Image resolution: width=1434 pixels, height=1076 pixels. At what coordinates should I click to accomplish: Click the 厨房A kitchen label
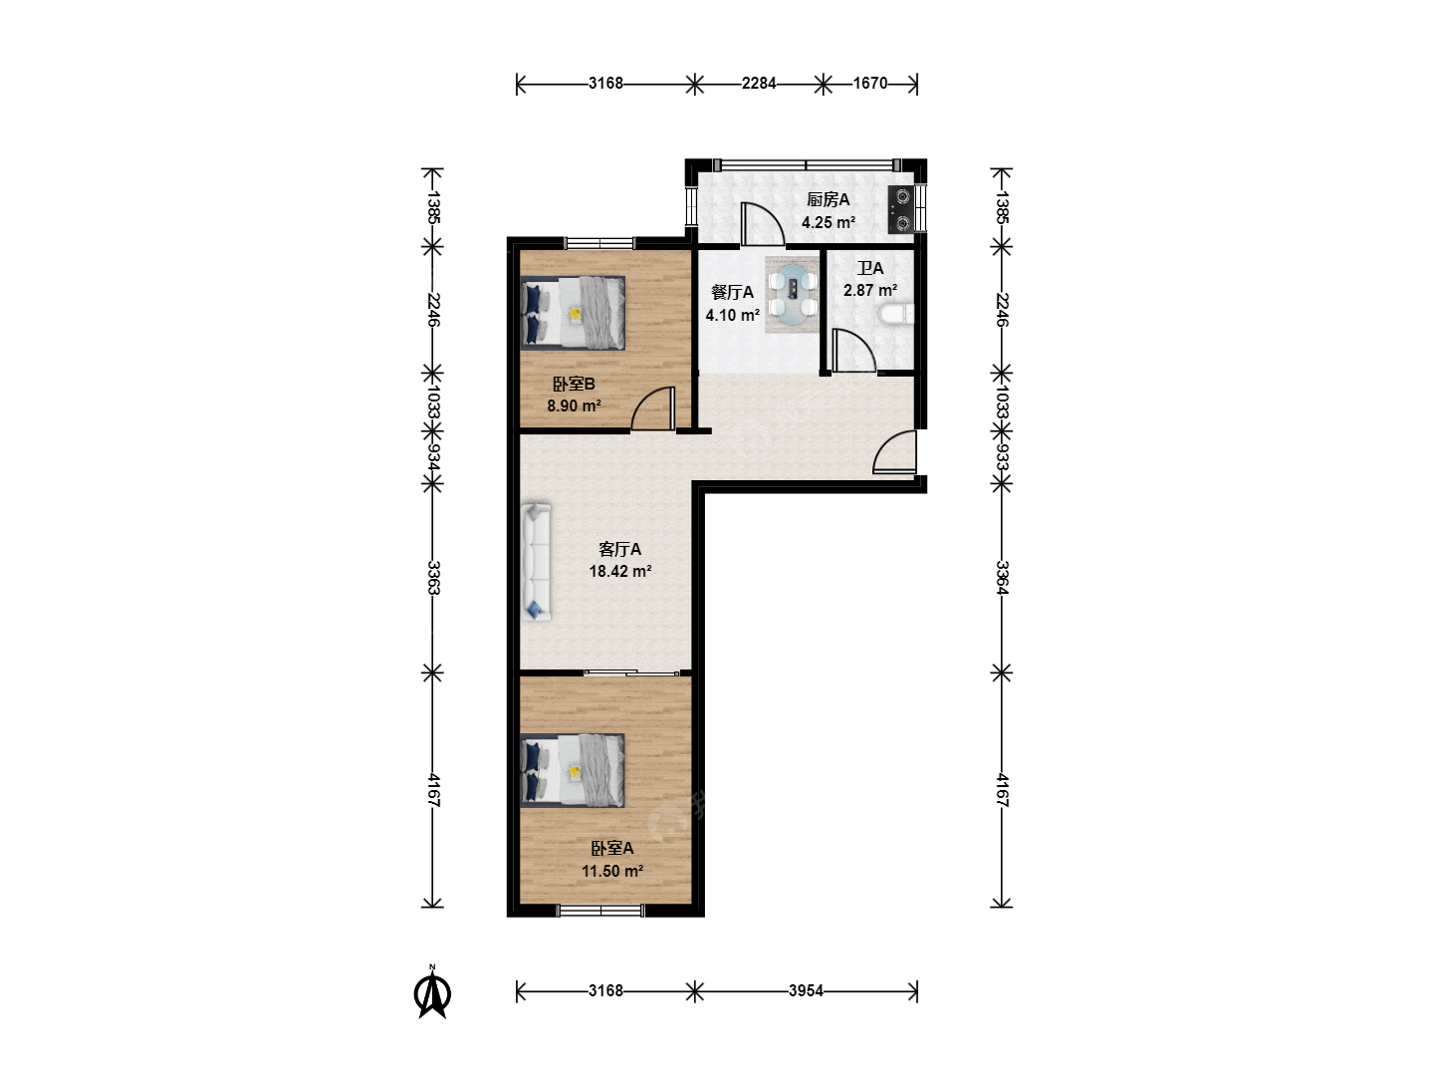coord(828,199)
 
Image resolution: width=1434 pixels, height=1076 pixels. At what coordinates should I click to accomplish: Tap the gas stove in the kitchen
coord(901,209)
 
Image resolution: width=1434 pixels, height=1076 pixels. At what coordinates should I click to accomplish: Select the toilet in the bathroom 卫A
coord(895,314)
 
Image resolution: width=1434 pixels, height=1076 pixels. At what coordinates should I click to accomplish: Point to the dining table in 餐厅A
coord(793,294)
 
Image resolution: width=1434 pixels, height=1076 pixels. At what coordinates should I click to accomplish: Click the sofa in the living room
coord(537,561)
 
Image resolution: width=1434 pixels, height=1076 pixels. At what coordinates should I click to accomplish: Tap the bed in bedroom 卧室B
coord(573,312)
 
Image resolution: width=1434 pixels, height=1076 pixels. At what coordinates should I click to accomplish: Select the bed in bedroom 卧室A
coord(573,769)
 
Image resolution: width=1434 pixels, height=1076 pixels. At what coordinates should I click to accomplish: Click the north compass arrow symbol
coord(432,993)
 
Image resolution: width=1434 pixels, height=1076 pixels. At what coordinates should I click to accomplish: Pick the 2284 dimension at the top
coord(759,84)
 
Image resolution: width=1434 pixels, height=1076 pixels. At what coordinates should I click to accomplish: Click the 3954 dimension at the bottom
coord(806,991)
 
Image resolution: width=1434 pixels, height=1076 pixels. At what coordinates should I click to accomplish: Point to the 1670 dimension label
coord(870,84)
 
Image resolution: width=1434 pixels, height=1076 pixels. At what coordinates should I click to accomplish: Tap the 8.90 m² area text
coord(574,405)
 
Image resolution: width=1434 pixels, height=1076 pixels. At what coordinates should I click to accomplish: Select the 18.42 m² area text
coord(620,572)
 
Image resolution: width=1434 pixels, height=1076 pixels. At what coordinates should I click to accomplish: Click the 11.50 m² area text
coord(612,871)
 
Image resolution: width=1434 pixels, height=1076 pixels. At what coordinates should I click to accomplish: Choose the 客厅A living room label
coord(620,549)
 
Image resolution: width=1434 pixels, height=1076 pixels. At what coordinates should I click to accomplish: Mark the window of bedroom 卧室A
coord(601,910)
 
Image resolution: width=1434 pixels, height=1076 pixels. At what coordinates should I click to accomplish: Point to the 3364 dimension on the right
coord(1002,578)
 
